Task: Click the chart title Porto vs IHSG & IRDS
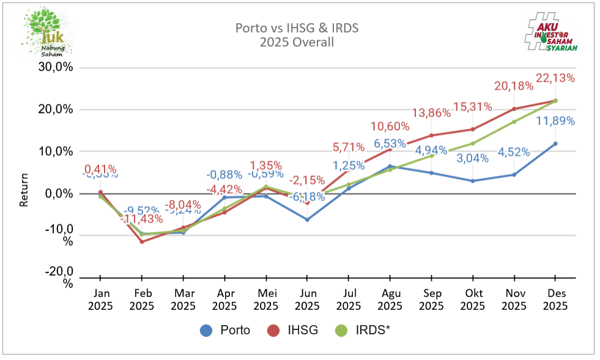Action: pos(297,28)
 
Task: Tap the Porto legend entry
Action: pos(226,330)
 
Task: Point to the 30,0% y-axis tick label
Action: pos(57,67)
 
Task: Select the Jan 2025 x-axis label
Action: pos(100,299)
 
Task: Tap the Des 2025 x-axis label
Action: pos(555,299)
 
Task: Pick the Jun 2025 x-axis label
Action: pos(307,299)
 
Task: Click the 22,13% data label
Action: pos(555,78)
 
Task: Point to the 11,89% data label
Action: pos(555,121)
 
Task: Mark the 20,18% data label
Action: pos(513,86)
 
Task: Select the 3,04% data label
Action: pos(473,159)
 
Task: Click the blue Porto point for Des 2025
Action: pos(555,144)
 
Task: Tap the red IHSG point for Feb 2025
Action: pos(142,241)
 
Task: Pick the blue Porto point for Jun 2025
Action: pos(307,219)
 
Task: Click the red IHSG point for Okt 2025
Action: pos(473,129)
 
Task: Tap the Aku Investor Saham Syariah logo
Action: pos(552,33)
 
